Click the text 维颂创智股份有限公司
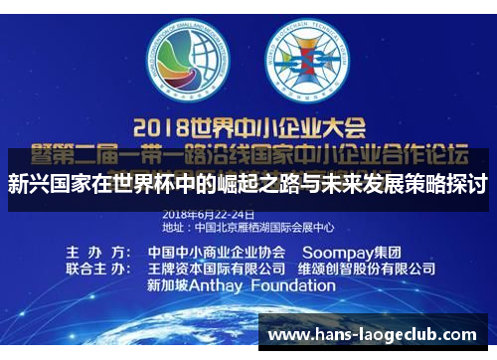[365, 269]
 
